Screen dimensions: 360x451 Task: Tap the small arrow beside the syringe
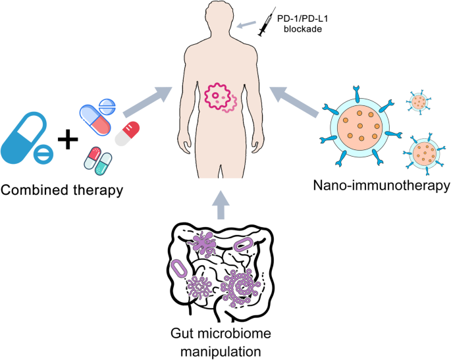coord(248,26)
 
